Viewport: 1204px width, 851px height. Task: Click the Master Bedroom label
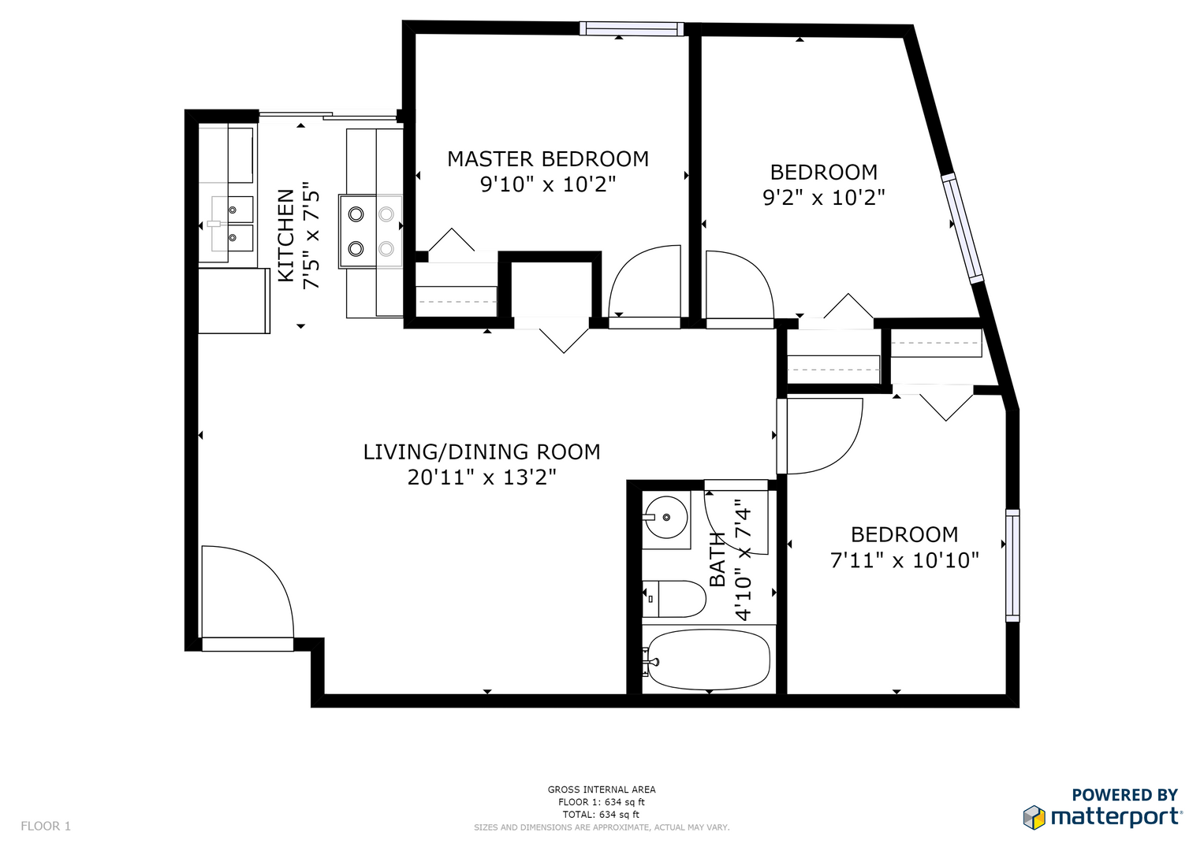click(x=548, y=159)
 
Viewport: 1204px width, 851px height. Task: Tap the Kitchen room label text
click(x=286, y=236)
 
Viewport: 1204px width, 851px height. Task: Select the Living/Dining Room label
click(x=482, y=452)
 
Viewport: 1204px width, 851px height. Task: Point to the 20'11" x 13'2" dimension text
click(x=482, y=477)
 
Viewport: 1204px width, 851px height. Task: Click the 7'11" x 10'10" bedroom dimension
click(x=904, y=560)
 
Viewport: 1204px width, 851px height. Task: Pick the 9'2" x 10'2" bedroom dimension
click(x=823, y=198)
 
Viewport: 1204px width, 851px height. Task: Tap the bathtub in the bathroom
click(x=709, y=660)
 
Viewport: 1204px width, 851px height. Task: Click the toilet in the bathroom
click(x=674, y=599)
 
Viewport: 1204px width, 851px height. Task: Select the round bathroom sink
click(x=666, y=518)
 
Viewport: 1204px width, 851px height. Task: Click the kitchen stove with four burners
click(x=371, y=232)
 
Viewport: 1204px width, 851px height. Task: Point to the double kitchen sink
click(x=232, y=224)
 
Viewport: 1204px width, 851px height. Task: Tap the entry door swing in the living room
click(x=248, y=592)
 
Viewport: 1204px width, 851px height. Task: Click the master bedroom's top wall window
click(x=632, y=28)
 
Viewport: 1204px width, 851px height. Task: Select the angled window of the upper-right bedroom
click(x=963, y=229)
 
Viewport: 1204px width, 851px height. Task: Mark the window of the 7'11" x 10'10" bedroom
click(x=1012, y=566)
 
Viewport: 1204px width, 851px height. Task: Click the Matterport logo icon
click(x=1034, y=817)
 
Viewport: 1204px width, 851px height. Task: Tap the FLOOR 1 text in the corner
click(x=46, y=827)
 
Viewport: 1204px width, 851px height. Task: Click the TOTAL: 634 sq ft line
click(x=602, y=815)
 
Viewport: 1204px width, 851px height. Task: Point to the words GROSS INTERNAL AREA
click(x=602, y=790)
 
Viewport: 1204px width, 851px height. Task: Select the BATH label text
click(x=717, y=559)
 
